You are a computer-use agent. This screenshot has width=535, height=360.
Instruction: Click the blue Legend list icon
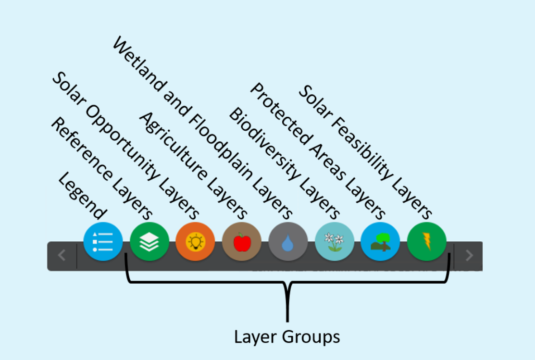pos(102,242)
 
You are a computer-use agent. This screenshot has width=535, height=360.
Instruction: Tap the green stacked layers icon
pos(149,242)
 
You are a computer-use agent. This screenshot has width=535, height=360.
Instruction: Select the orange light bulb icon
pos(195,242)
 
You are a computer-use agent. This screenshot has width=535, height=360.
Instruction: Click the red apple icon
pos(241,242)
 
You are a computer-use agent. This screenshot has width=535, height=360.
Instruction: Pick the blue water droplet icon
pos(288,242)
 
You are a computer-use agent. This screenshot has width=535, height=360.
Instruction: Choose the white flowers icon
pos(334,242)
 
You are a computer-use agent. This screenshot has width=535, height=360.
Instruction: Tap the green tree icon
pos(380,242)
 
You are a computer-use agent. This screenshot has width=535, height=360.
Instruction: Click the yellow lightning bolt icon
pos(426,242)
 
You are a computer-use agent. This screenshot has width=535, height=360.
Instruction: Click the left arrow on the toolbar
pos(62,255)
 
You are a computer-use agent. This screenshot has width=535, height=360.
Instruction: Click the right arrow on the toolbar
pos(469,255)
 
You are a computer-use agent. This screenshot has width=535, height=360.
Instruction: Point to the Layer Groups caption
pos(287,336)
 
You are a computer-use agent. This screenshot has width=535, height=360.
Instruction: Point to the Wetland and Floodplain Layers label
pos(202,127)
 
